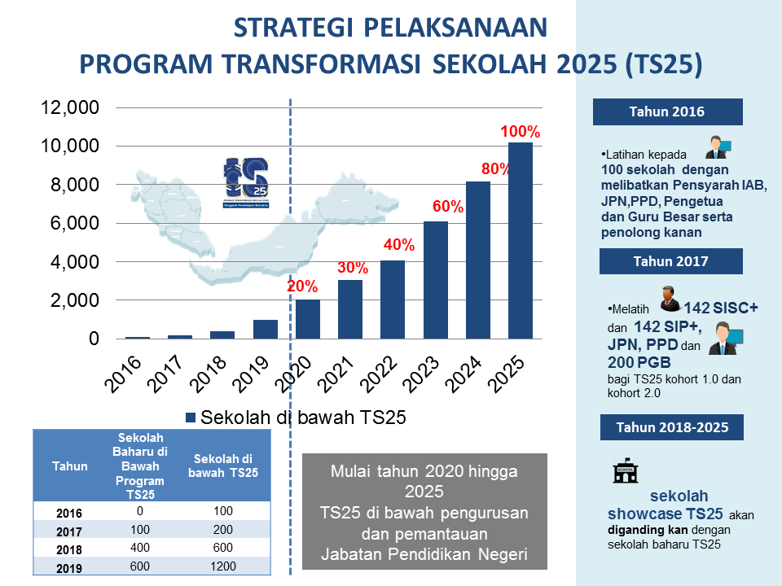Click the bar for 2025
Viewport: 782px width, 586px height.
pyautogui.click(x=521, y=241)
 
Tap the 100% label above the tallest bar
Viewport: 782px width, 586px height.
pyautogui.click(x=521, y=131)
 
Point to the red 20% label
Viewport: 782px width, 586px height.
pyautogui.click(x=302, y=286)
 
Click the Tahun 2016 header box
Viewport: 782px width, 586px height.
pyautogui.click(x=667, y=112)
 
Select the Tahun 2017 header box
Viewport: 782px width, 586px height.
pyautogui.click(x=670, y=261)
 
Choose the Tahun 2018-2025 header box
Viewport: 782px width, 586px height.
pyautogui.click(x=672, y=426)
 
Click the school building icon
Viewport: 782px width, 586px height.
pyautogui.click(x=625, y=470)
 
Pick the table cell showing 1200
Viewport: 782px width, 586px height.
pyautogui.click(x=222, y=566)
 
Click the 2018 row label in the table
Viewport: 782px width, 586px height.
pyautogui.click(x=69, y=549)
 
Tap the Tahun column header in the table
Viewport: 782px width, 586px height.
pyautogui.click(x=69, y=466)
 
